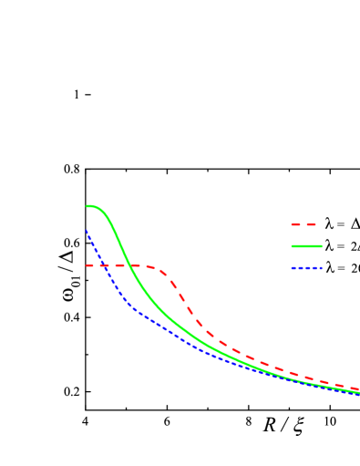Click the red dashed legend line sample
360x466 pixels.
(303, 223)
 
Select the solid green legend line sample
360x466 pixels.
(306, 246)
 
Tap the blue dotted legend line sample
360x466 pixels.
(306, 268)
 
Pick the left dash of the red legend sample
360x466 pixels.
(295, 223)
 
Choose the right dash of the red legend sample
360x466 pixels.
(311, 223)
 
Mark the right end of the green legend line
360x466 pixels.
(322, 246)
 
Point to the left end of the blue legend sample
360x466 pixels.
(292, 268)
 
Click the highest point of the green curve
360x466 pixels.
(88, 206)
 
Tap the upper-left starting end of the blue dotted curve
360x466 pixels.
(87, 230)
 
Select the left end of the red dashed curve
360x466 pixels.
(87, 265)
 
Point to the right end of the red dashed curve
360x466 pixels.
(358, 388)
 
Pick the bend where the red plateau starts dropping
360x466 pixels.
(160, 270)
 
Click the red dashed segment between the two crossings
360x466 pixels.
(115, 265)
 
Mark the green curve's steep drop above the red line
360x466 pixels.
(117, 236)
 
